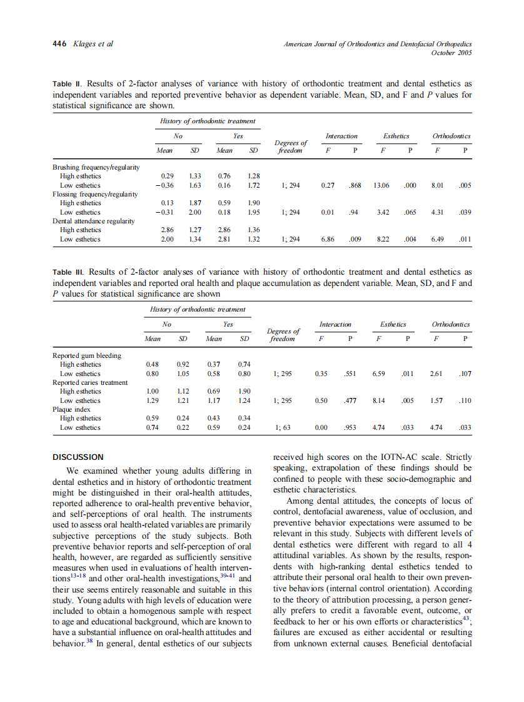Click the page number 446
59,44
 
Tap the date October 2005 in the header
451,53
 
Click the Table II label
67,84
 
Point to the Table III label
68,273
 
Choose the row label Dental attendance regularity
93,221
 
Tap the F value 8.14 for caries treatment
379,401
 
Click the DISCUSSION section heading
78,457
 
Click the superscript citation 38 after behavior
90,641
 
